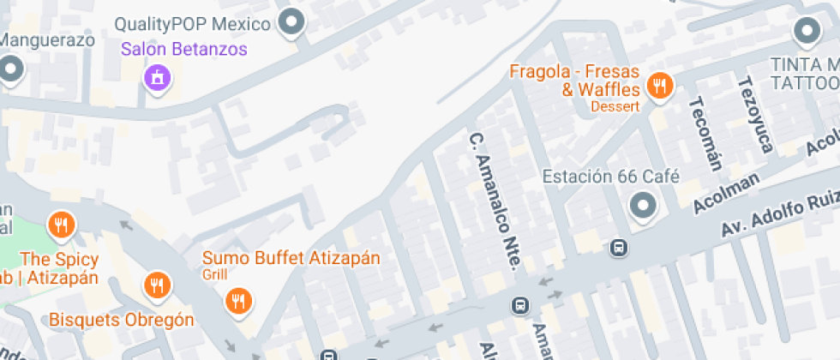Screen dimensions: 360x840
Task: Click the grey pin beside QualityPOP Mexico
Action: point(292,22)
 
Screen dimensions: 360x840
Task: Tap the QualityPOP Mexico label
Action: point(192,23)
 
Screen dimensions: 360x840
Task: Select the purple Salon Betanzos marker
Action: point(158,78)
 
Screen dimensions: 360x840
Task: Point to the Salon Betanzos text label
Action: point(183,49)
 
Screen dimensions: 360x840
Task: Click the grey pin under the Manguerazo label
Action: point(9,68)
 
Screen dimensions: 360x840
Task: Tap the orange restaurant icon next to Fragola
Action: point(659,85)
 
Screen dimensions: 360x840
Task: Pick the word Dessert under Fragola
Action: point(615,106)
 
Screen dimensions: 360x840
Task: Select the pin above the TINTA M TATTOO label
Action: point(807,32)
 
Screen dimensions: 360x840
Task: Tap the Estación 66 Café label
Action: point(611,177)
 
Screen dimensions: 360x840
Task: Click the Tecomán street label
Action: point(706,132)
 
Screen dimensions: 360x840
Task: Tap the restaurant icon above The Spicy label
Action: point(60,225)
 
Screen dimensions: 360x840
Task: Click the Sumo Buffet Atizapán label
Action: point(291,258)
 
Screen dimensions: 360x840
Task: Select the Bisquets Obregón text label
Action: point(122,320)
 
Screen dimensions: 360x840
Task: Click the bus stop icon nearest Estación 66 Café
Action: point(616,249)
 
